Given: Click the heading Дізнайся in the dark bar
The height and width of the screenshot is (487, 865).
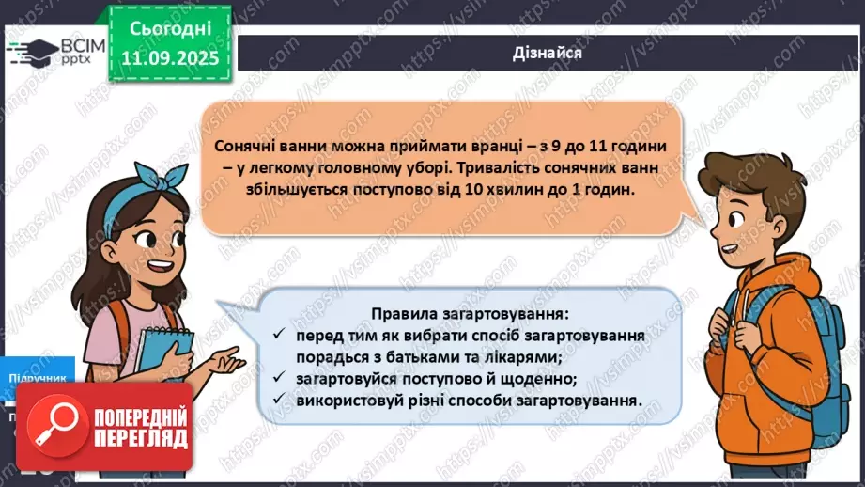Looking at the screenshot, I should (549, 53).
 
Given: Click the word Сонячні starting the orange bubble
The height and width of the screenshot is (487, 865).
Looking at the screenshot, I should (245, 147).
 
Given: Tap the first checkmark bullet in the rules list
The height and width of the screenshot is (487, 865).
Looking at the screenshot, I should (279, 336).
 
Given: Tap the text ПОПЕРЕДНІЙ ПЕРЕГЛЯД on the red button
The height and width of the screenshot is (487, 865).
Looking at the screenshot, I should (136, 429).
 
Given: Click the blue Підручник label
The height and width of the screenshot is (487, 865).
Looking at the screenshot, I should (38, 378).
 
